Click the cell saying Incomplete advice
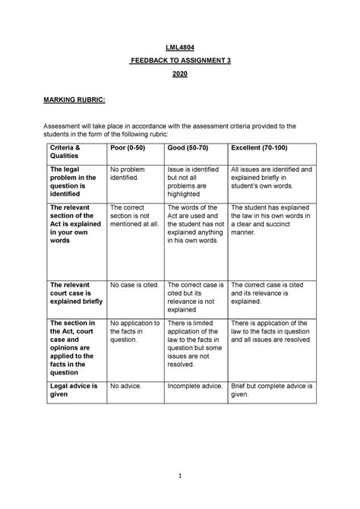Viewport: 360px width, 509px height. [194, 387]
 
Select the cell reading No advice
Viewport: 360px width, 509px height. [126, 387]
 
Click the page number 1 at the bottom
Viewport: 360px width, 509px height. [180, 476]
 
